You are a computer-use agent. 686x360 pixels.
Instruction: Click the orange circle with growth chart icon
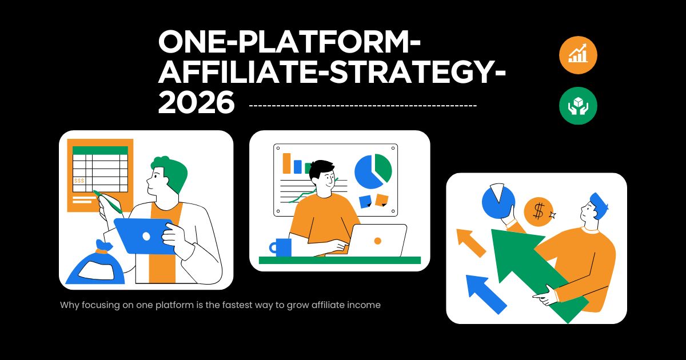(x=578, y=55)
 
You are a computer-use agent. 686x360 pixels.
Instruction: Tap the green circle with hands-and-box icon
(x=578, y=106)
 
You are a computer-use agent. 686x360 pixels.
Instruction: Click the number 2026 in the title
(x=196, y=102)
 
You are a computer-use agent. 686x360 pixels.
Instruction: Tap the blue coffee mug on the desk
(x=281, y=247)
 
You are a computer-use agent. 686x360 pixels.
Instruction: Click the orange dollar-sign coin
(x=539, y=212)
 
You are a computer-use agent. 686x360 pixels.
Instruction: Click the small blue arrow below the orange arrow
(x=486, y=294)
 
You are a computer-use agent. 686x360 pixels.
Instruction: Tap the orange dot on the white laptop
(x=378, y=241)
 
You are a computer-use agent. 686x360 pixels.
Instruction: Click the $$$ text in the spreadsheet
(x=79, y=181)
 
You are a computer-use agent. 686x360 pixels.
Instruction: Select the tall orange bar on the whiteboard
(x=286, y=163)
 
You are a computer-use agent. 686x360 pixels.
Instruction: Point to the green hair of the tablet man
(x=171, y=171)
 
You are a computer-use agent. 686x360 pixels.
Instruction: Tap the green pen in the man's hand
(x=108, y=202)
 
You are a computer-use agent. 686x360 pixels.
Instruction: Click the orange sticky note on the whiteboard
(x=382, y=200)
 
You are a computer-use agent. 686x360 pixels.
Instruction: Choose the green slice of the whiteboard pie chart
(x=384, y=167)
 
